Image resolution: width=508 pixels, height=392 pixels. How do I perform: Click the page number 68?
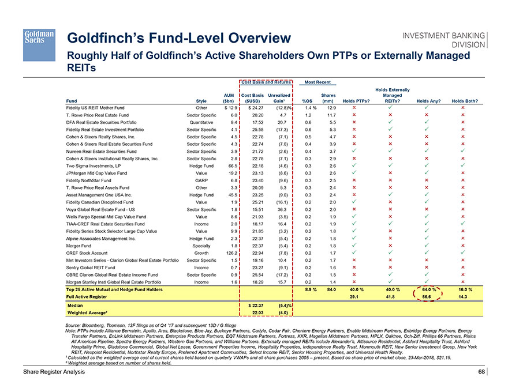[482, 372]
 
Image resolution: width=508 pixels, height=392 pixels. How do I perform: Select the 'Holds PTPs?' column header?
[356, 102]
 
